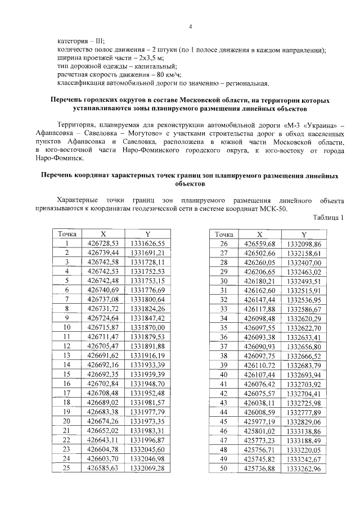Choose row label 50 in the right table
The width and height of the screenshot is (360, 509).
click(224, 467)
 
